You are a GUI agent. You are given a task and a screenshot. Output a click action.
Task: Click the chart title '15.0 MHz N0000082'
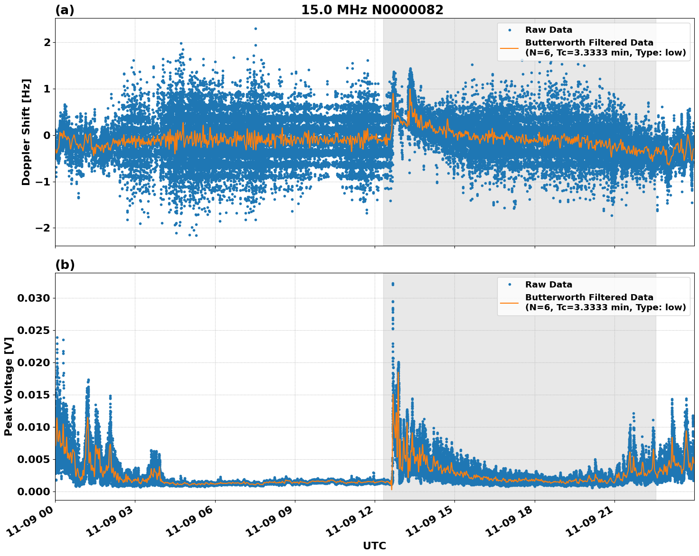tap(372, 10)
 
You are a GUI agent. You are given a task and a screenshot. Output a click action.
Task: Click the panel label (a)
tap(65, 10)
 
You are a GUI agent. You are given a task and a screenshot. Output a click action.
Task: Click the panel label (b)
tap(65, 265)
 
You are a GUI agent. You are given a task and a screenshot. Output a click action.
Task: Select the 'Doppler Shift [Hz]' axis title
tap(26, 132)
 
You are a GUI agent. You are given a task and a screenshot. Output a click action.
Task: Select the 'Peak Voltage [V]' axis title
tap(8, 386)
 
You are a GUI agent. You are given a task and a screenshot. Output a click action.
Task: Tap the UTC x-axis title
tap(374, 546)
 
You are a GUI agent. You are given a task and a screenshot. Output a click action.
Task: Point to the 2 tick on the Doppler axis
tap(47, 43)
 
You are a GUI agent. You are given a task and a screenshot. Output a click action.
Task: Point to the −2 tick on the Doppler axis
tap(44, 228)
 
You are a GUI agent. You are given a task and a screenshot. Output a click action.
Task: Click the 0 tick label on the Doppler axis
tap(47, 135)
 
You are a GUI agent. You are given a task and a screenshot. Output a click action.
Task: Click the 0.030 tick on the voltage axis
tap(33, 298)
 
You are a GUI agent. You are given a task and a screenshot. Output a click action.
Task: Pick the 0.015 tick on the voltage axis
tap(33, 395)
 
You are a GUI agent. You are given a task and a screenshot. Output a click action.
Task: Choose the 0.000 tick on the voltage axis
tap(33, 491)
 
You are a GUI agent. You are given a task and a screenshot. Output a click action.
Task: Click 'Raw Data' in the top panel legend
tap(548, 30)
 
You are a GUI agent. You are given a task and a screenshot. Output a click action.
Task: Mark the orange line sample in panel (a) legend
tap(509, 47)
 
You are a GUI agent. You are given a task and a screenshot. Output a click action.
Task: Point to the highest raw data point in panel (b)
tap(393, 284)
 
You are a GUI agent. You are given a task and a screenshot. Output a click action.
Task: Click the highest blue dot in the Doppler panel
tap(255, 28)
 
